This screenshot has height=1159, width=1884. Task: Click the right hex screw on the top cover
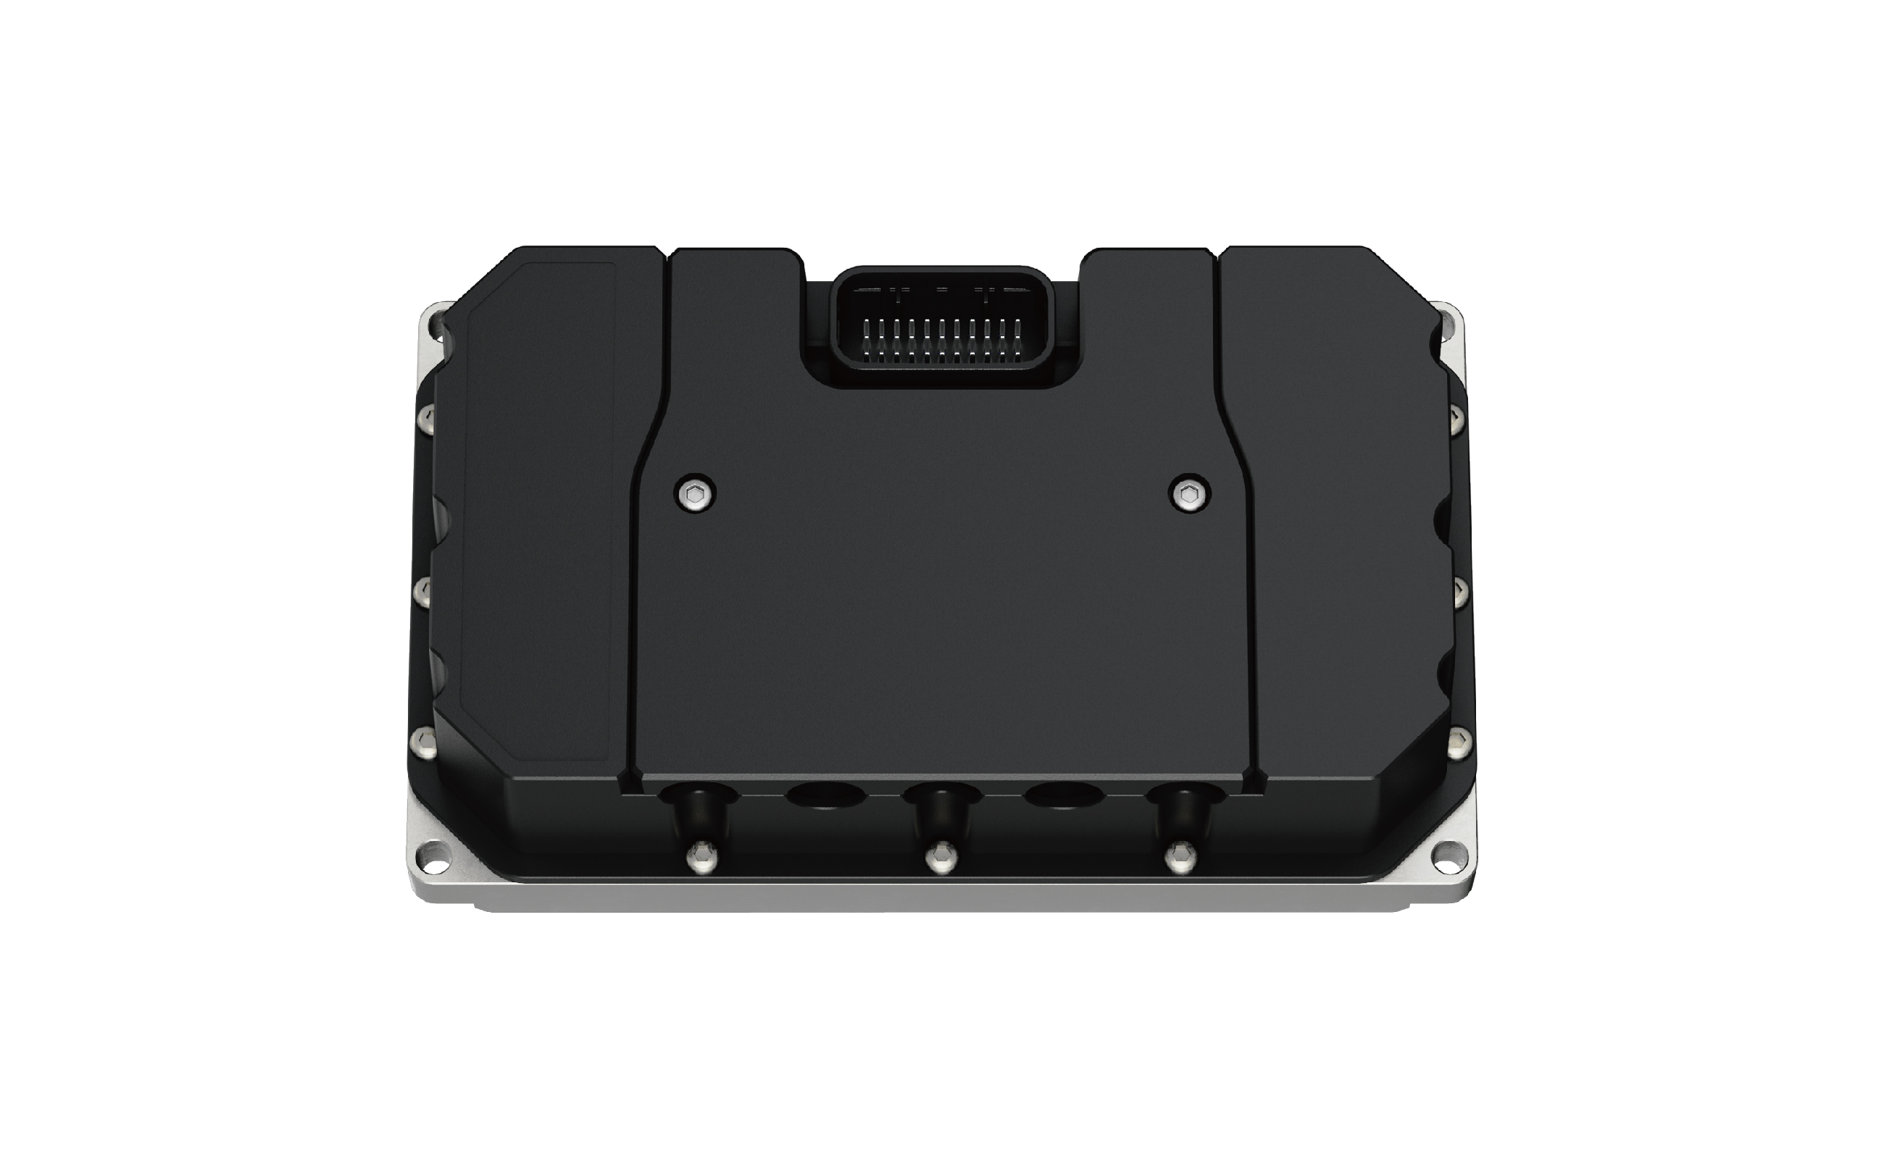(1189, 495)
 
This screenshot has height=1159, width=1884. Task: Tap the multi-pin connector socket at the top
(943, 327)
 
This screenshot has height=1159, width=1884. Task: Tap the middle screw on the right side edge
(1459, 589)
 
